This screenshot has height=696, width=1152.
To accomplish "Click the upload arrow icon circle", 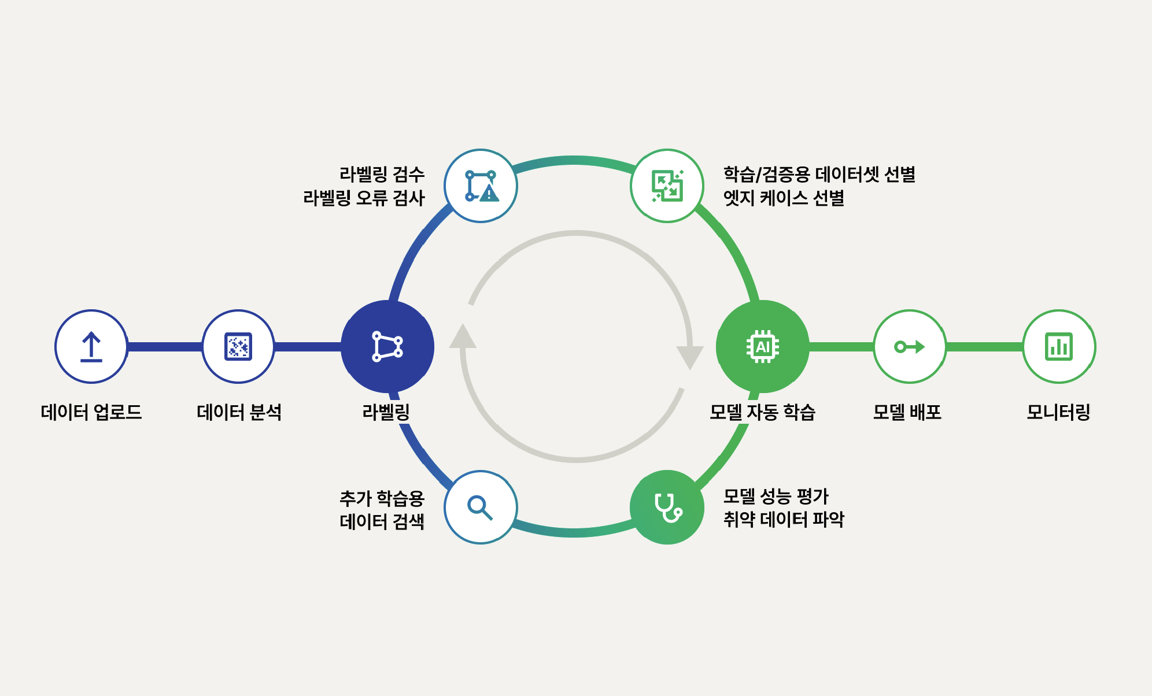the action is [91, 347].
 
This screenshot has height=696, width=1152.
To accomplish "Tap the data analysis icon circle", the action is [238, 347].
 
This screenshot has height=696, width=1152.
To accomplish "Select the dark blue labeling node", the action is [387, 347].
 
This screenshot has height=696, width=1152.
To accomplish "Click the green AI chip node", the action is [763, 347].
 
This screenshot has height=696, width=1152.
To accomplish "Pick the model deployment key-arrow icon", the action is [910, 347].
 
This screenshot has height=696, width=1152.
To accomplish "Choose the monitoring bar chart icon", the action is [1059, 347].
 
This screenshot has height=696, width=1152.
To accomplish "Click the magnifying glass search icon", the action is [481, 508].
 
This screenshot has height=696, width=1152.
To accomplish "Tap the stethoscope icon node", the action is [667, 508].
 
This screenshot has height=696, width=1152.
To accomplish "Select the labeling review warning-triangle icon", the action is [481, 186].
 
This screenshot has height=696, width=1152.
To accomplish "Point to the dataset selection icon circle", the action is [667, 186].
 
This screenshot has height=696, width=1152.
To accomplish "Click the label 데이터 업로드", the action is [91, 412].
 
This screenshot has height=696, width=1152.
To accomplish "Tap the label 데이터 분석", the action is [239, 412].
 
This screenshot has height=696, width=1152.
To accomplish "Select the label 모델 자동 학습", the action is [762, 412].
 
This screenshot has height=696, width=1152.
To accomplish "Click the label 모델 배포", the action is [907, 412].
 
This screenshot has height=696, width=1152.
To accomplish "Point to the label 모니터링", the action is [1058, 412].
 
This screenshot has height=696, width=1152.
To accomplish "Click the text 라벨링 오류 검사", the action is [364, 198].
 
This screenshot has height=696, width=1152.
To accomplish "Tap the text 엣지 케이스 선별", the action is [784, 198].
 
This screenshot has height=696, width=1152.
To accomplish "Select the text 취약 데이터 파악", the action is [784, 519].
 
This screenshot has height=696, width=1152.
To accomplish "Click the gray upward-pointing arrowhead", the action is [463, 336].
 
